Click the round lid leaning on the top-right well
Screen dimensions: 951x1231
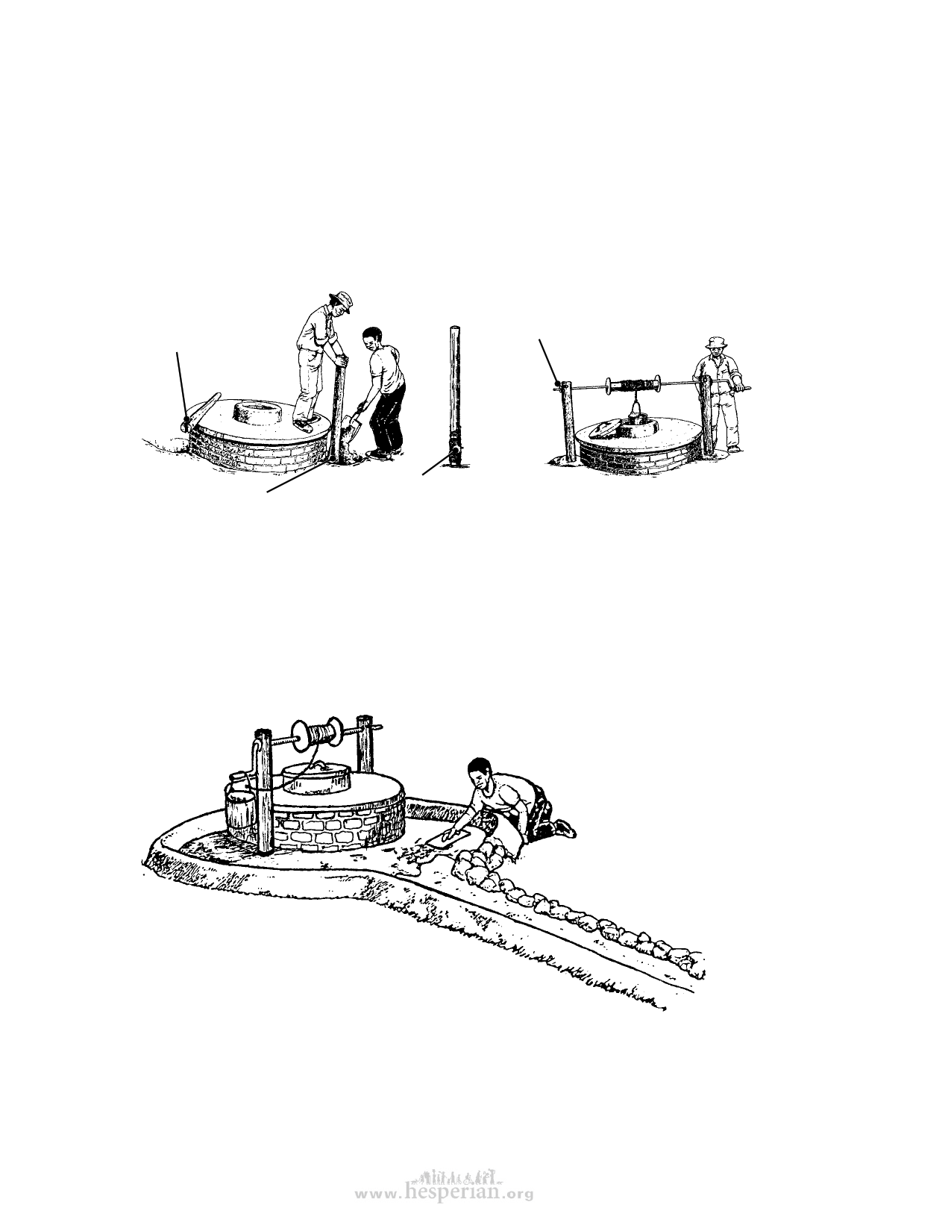coord(605,427)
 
